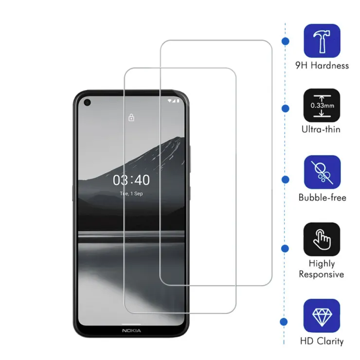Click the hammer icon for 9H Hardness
(x=322, y=41)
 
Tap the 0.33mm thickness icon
(x=322, y=106)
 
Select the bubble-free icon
(x=322, y=172)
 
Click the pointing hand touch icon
(x=322, y=239)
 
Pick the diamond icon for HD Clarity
(x=322, y=316)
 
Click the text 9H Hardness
(x=322, y=66)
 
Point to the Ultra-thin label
(x=321, y=129)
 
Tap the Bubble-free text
(x=323, y=198)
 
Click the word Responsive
(x=322, y=274)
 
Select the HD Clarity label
(x=322, y=341)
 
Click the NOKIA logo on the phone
(x=131, y=331)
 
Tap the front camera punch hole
(x=87, y=102)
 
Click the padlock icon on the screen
(x=131, y=117)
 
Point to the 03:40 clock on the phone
(x=131, y=180)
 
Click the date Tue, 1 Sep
(x=131, y=194)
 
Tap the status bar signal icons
(x=173, y=101)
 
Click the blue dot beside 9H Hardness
(x=286, y=41)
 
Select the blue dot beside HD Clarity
(x=284, y=322)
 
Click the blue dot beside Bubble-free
(x=286, y=180)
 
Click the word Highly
(x=322, y=264)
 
